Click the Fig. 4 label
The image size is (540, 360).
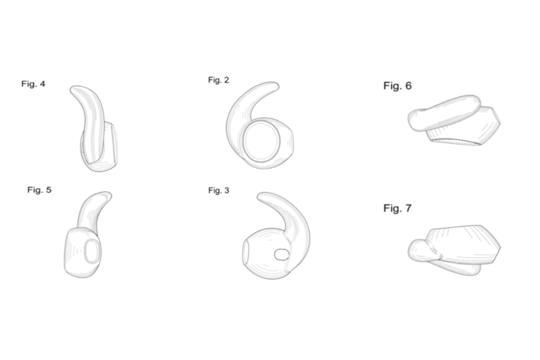33,83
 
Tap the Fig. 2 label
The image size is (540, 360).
218,80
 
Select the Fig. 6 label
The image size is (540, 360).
397,86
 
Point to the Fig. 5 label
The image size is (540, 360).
39,190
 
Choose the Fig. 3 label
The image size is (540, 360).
218,190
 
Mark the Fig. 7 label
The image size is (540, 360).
397,208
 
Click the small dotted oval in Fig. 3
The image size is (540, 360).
281,254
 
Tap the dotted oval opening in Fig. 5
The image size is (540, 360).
92,251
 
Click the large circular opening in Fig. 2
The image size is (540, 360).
261,141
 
